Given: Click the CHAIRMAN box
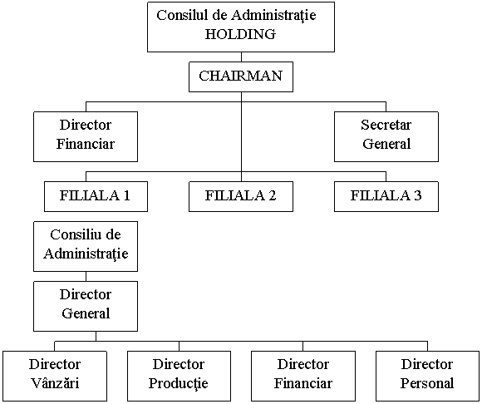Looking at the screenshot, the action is pyautogui.click(x=241, y=76).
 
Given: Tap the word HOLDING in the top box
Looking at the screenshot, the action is pyautogui.click(x=240, y=34).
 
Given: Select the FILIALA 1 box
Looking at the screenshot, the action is pyautogui.click(x=96, y=196).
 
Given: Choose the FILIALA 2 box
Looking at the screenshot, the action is pyautogui.click(x=241, y=196).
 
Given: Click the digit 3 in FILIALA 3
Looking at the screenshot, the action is pyautogui.click(x=417, y=195).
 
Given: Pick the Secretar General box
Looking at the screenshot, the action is pyautogui.click(x=386, y=136).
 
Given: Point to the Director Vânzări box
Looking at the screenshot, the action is pyautogui.click(x=55, y=376).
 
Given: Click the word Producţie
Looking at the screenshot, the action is pyautogui.click(x=179, y=384).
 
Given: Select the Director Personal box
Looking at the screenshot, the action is pyautogui.click(x=427, y=376).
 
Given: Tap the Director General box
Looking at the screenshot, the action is pyautogui.click(x=86, y=306).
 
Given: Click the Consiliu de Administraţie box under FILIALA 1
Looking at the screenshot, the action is pyautogui.click(x=86, y=246).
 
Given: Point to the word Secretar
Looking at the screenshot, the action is pyautogui.click(x=386, y=125).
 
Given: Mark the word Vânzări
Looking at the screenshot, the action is pyautogui.click(x=55, y=383).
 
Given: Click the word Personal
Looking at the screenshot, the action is pyautogui.click(x=427, y=383).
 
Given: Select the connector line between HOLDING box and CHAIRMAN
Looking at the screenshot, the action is pyautogui.click(x=241, y=57).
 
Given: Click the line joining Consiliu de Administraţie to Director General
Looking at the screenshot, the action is pyautogui.click(x=86, y=277).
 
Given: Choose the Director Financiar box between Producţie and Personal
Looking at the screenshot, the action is pyautogui.click(x=303, y=376).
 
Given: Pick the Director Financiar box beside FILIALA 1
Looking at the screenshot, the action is pyautogui.click(x=86, y=136).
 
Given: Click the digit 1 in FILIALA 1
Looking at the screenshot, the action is pyautogui.click(x=127, y=195).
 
